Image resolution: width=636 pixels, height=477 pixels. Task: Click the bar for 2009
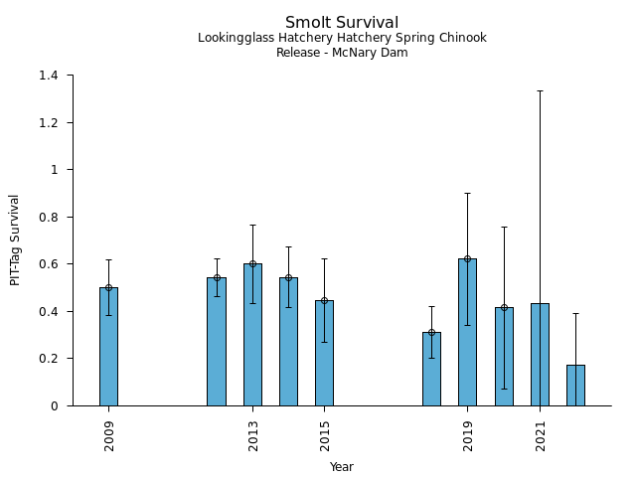point(108,347)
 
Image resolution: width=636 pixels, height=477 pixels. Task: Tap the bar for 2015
point(324,353)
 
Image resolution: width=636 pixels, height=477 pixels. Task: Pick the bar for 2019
point(467,332)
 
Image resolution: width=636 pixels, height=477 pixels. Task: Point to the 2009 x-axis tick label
point(109,434)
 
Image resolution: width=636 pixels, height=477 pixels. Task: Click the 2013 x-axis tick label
point(253,434)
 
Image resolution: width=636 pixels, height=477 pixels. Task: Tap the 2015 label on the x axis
point(325,434)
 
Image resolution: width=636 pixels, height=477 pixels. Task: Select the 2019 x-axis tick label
point(468,434)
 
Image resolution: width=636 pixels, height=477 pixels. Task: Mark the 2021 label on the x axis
point(541,434)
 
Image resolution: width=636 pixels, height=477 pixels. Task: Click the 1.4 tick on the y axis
point(50,76)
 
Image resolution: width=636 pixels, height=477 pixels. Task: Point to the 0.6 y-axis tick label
point(50,264)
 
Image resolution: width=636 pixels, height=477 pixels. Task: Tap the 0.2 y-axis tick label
point(50,359)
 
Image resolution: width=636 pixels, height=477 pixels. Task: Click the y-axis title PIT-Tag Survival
point(15,239)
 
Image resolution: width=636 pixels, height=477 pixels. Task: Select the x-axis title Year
point(342,467)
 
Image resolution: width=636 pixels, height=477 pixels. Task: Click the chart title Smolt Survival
point(342,23)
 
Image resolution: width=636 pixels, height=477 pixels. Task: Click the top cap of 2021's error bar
point(540,90)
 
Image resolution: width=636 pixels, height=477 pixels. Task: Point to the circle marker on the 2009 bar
point(108,287)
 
